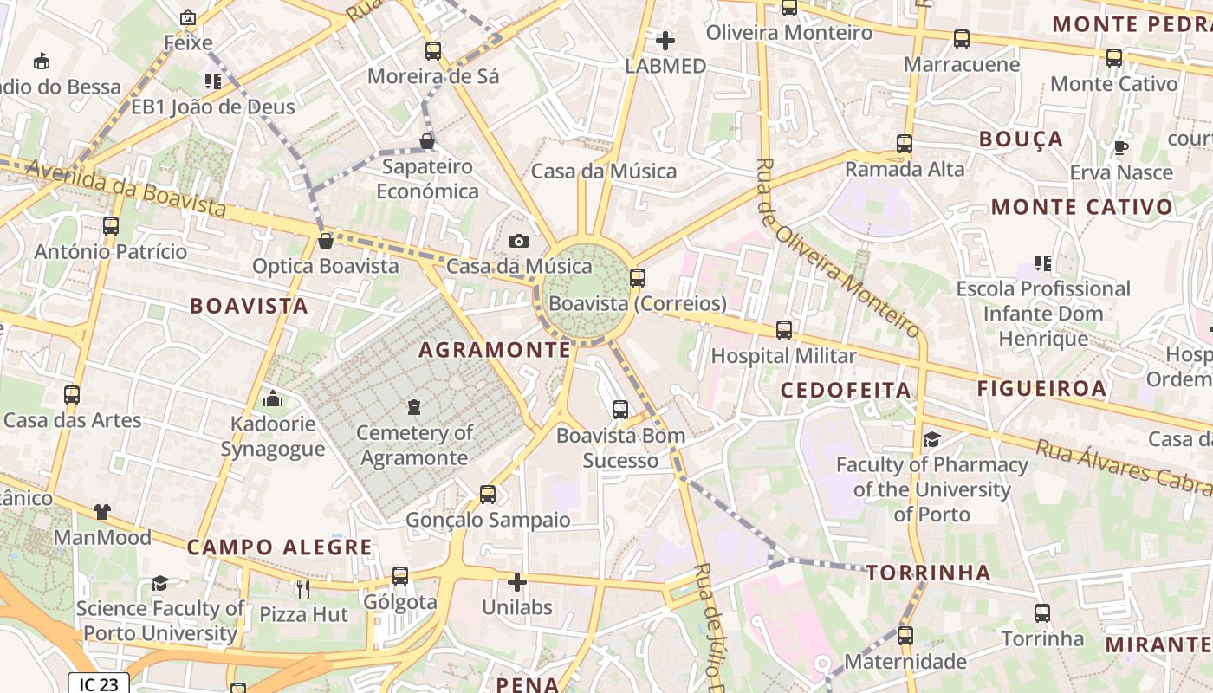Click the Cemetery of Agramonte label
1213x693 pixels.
414,445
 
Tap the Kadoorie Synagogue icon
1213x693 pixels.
273,398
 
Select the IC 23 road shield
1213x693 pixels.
99,684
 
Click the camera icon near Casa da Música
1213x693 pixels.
519,241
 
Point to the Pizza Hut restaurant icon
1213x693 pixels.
303,589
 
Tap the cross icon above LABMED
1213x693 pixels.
665,41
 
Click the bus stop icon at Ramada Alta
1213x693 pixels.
905,144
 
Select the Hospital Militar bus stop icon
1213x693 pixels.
784,330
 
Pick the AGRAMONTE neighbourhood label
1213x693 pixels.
495,350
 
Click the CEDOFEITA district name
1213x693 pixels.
846,390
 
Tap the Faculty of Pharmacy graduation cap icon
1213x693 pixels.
931,439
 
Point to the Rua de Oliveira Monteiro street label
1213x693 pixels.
838,248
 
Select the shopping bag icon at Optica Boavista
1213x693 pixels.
326,241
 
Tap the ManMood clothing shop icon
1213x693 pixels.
102,512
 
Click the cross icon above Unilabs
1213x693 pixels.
517,582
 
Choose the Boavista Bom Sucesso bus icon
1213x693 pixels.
620,410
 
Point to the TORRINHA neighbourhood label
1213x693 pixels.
929,573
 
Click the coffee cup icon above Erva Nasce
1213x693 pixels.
1121,146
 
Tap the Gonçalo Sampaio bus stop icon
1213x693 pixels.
488,495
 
